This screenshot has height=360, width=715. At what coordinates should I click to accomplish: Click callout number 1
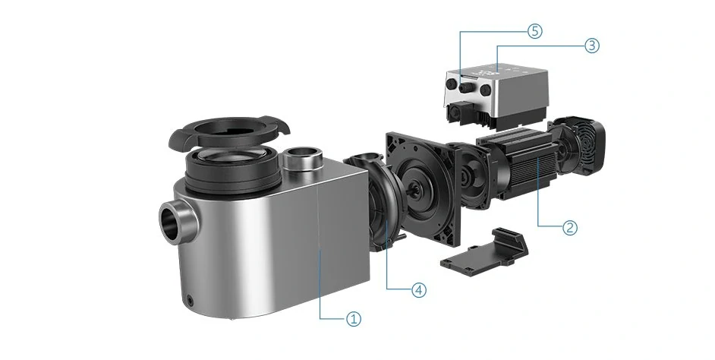(354, 319)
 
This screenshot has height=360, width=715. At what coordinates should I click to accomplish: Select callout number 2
(570, 227)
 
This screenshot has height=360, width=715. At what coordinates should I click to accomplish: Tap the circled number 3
(591, 46)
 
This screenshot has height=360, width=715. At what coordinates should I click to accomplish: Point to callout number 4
(419, 289)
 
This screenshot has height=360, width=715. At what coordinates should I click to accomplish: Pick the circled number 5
(535, 31)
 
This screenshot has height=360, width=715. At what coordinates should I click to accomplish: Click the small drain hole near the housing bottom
(189, 300)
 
